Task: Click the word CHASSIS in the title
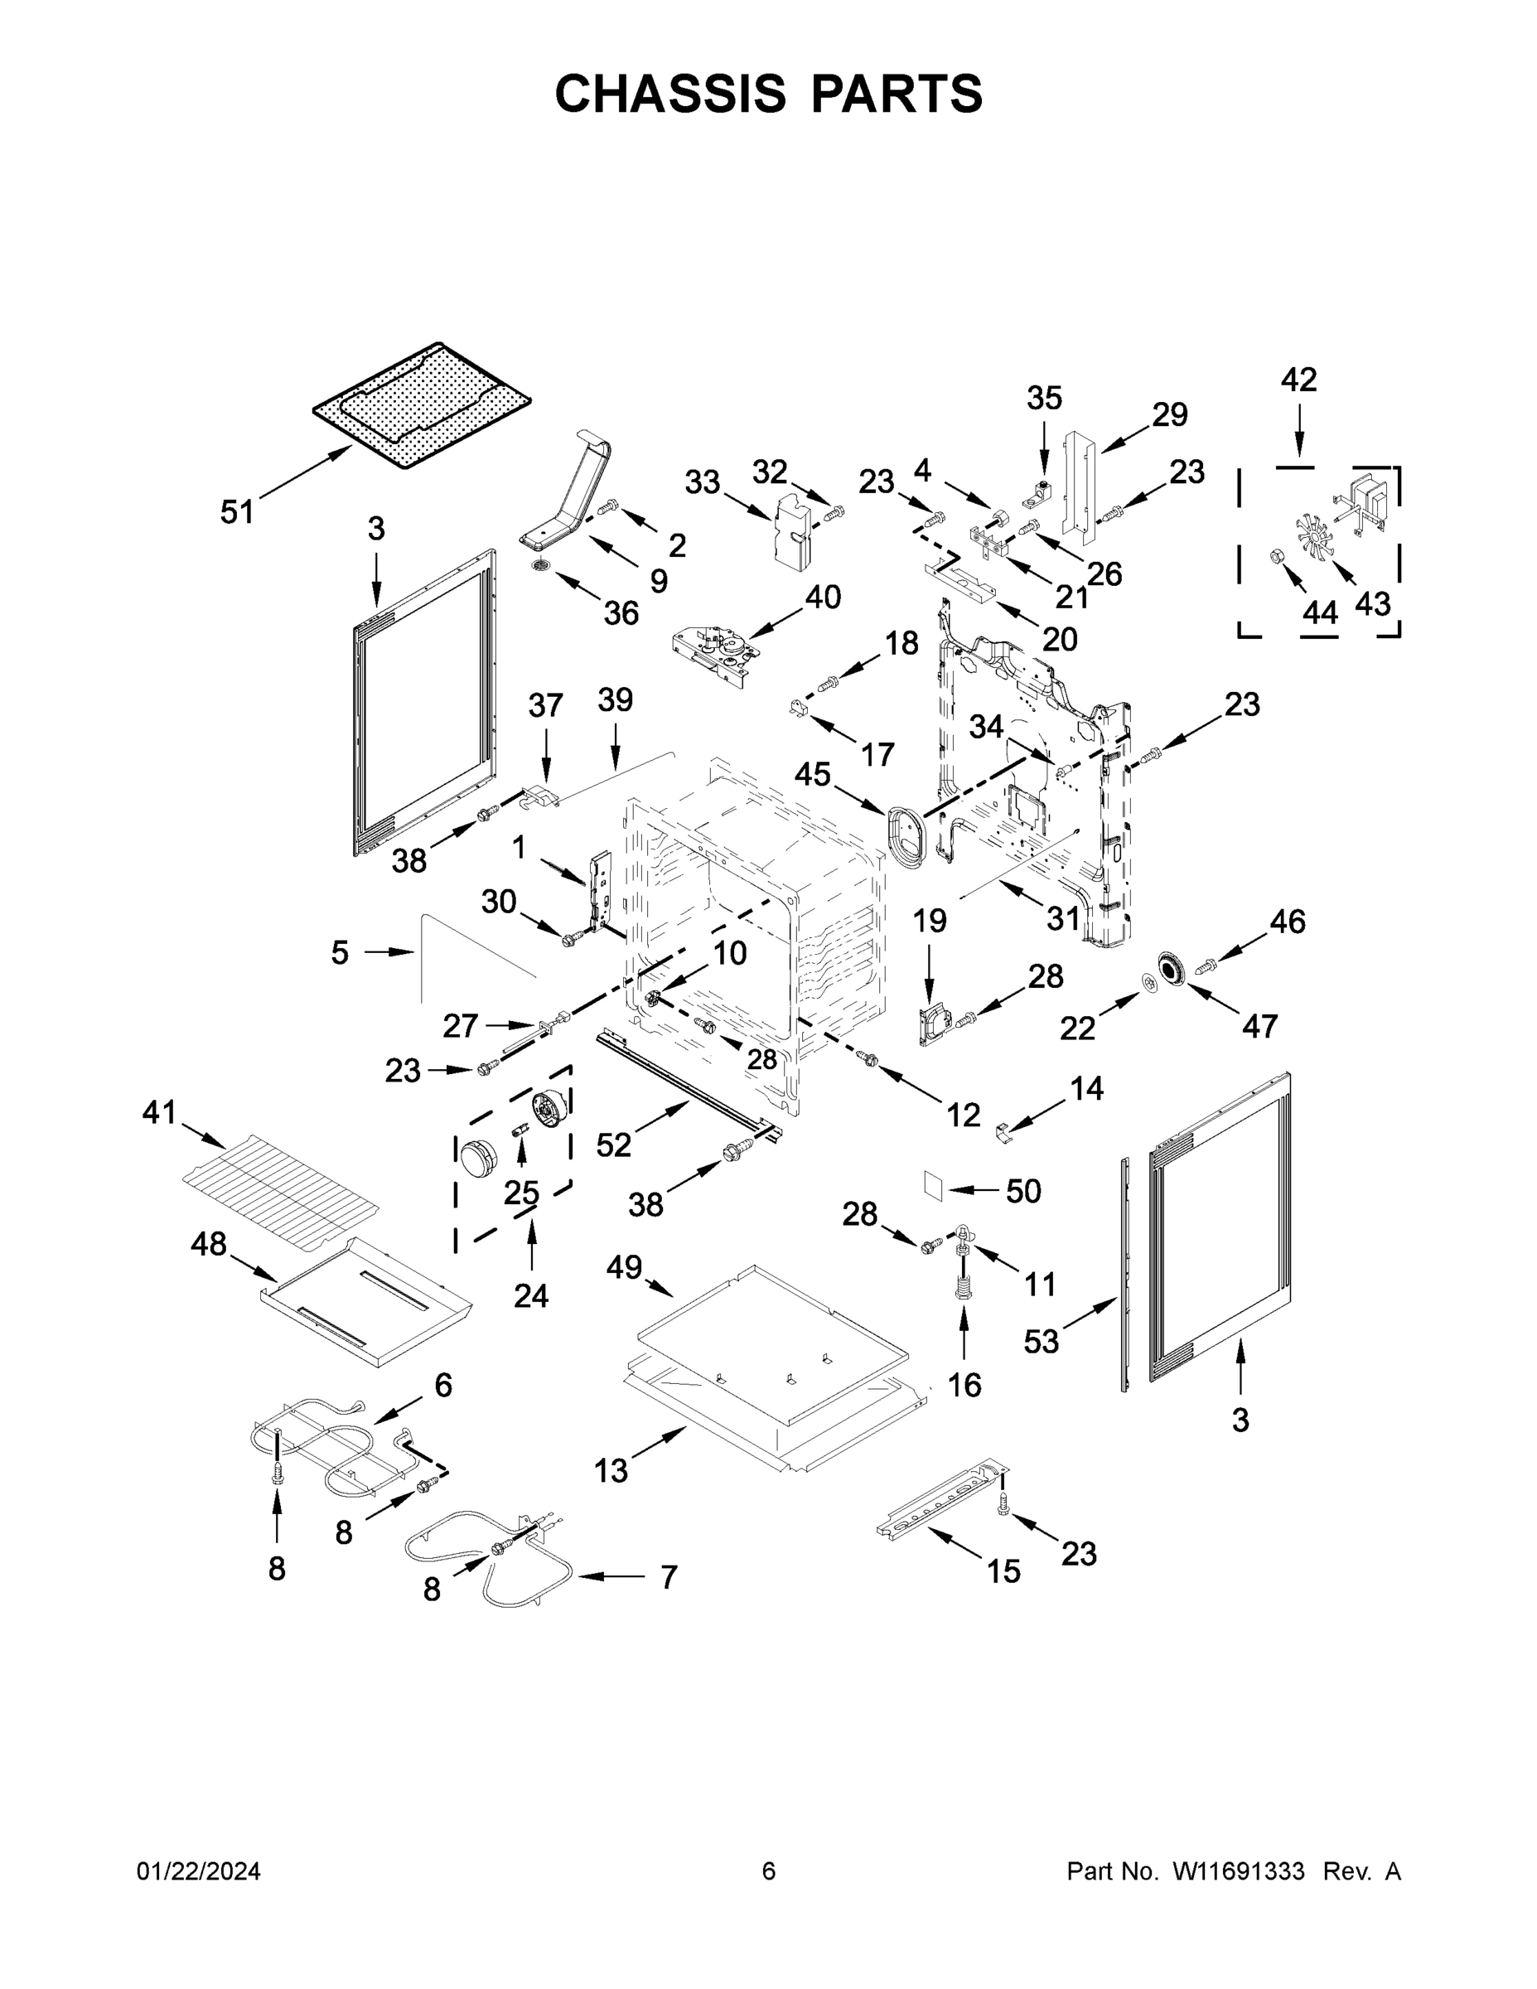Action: tap(670, 94)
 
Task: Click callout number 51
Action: tap(237, 512)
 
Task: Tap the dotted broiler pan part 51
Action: tap(422, 405)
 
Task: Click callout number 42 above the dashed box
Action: tap(1298, 380)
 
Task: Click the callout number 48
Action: tap(209, 1244)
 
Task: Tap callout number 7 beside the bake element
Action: tap(669, 1576)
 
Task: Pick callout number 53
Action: tap(1041, 1341)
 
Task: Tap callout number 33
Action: tap(702, 482)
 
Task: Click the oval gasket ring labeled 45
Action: tap(905, 830)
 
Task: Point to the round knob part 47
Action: tap(1169, 969)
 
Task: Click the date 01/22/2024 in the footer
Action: tap(199, 1871)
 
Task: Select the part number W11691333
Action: tap(1239, 1871)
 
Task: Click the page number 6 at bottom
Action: tap(769, 1871)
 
